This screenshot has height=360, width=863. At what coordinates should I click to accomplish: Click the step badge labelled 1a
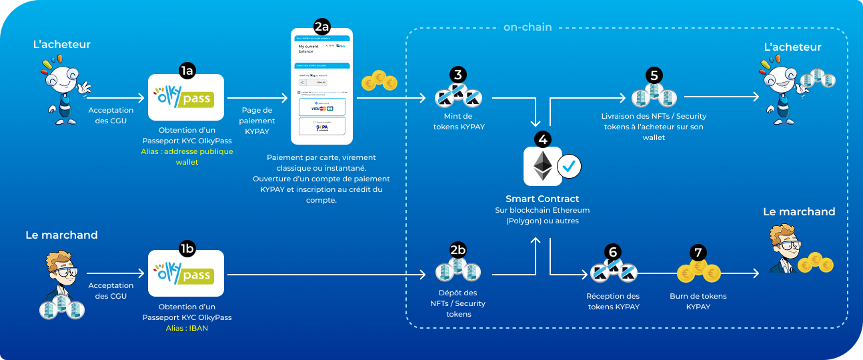click(186, 69)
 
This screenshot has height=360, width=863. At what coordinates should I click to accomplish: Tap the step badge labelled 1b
click(186, 249)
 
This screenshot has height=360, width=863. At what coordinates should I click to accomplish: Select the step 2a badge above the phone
click(321, 27)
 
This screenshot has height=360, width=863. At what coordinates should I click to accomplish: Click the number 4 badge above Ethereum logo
click(542, 139)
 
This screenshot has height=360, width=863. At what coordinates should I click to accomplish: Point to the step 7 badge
click(698, 252)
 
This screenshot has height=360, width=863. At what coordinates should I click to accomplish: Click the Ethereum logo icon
click(541, 167)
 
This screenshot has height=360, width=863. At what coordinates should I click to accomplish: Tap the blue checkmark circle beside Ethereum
click(569, 167)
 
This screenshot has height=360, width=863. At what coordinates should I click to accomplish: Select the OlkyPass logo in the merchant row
click(185, 273)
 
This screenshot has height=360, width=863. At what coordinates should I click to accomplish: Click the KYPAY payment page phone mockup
click(321, 87)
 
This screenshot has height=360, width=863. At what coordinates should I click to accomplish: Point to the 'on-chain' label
click(528, 27)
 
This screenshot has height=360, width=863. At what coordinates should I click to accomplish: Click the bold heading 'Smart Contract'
click(542, 199)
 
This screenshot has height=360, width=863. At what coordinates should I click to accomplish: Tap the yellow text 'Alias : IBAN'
click(187, 328)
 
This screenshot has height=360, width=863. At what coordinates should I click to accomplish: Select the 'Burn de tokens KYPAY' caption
click(698, 301)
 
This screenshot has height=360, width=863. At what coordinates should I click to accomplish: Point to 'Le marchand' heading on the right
click(799, 212)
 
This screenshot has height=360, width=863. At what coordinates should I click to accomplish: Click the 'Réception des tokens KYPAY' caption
click(613, 301)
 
